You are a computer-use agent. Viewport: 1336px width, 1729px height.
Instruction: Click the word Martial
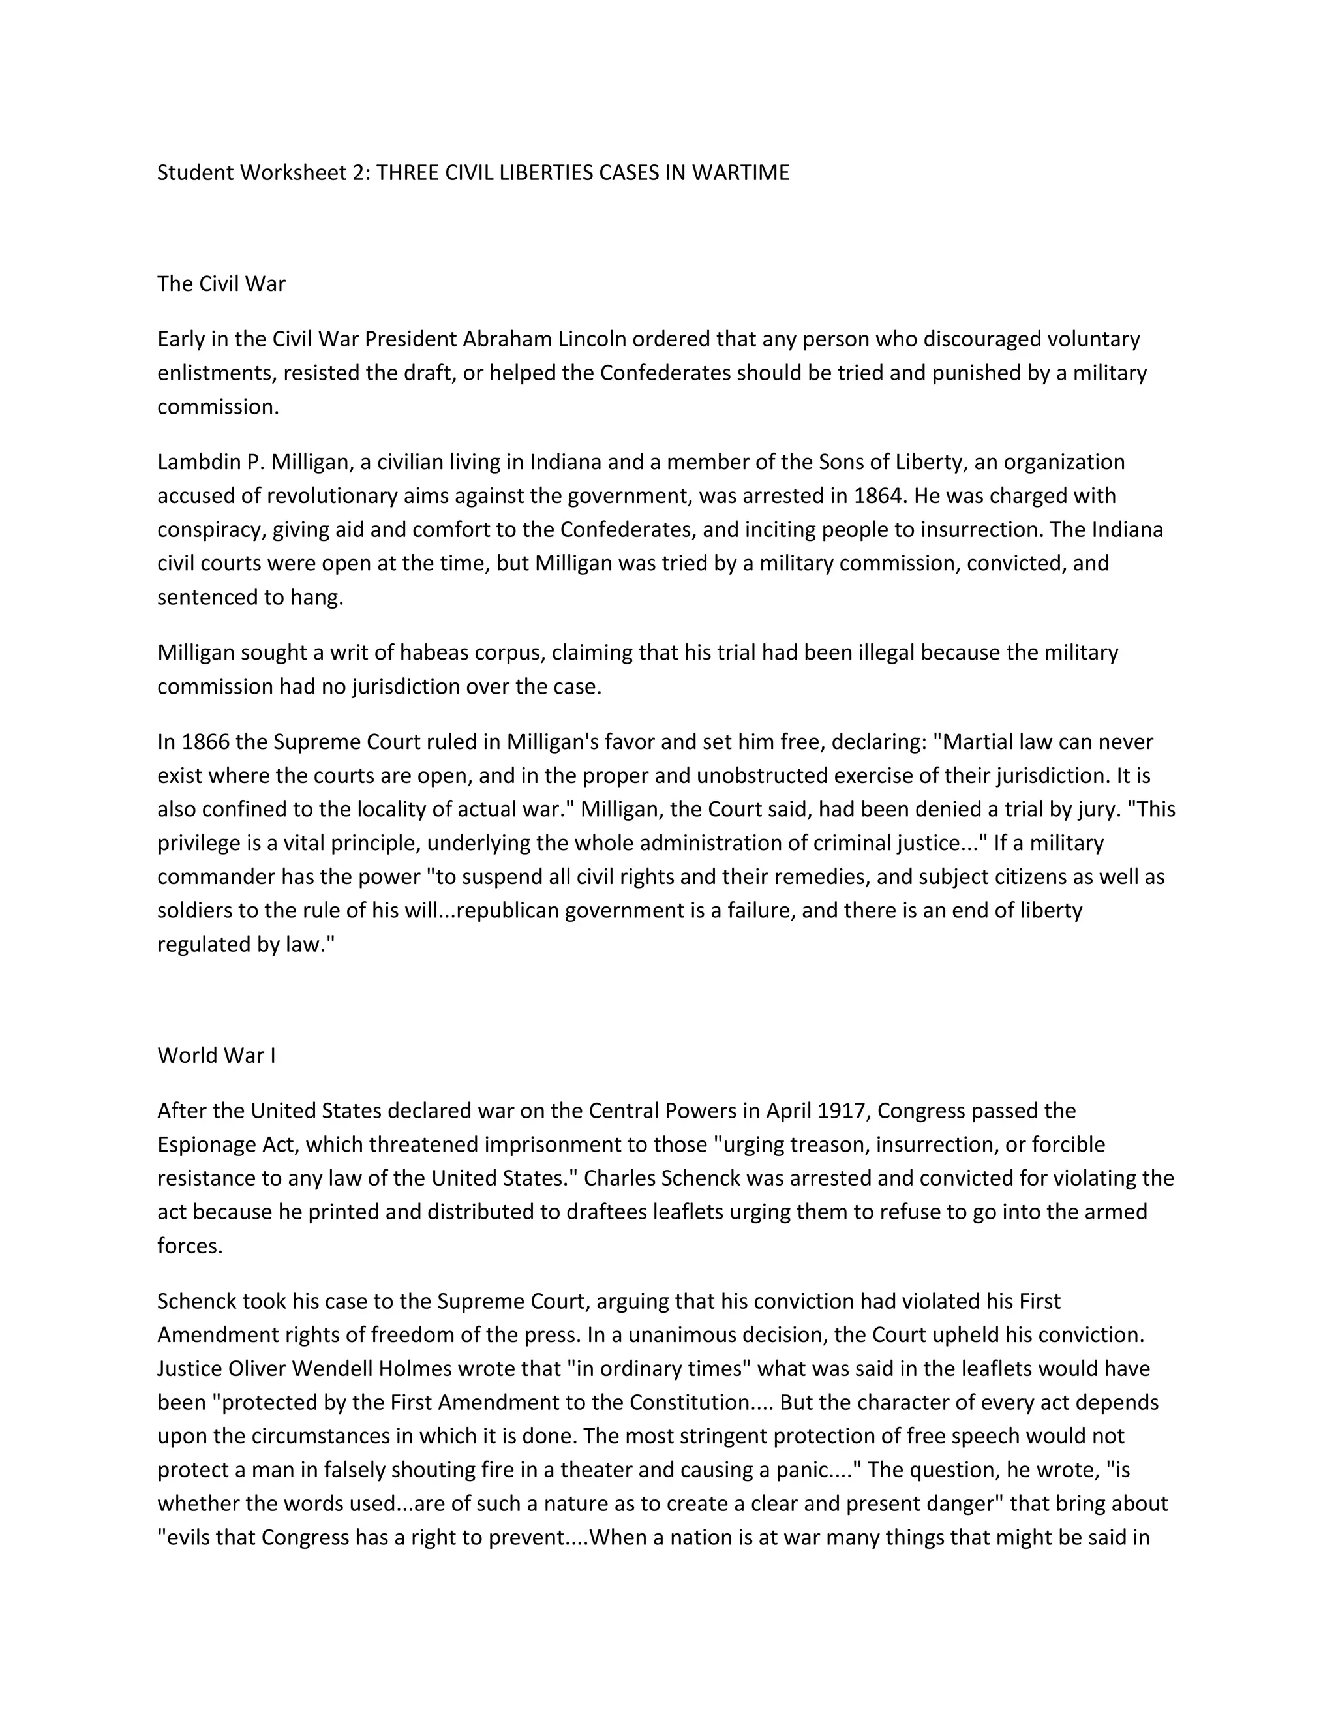pos(979,742)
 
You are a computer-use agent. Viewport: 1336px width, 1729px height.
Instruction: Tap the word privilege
pos(196,843)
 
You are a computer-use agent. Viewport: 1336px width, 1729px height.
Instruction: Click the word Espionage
pos(207,1145)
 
